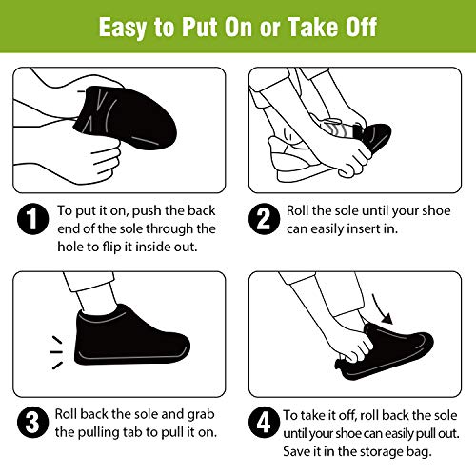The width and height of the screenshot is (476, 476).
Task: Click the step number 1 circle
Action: click(x=31, y=220)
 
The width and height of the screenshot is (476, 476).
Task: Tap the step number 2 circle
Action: click(x=262, y=220)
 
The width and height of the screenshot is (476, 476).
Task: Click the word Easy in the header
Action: click(x=131, y=26)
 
